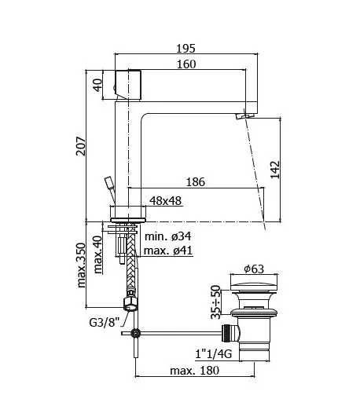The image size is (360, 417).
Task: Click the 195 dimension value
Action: click(186, 49)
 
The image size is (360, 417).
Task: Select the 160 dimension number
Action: click(186, 64)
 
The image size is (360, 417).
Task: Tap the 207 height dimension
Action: click(81, 146)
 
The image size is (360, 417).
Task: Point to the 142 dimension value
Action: click(275, 170)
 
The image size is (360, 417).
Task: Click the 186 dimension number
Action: click(196, 182)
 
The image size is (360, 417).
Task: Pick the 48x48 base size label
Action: click(165, 201)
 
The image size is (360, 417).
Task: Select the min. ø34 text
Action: click(167, 236)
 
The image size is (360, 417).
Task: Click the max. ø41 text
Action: click(168, 251)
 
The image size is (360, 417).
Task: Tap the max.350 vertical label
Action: click(81, 265)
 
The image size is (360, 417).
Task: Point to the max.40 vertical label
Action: click(97, 254)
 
